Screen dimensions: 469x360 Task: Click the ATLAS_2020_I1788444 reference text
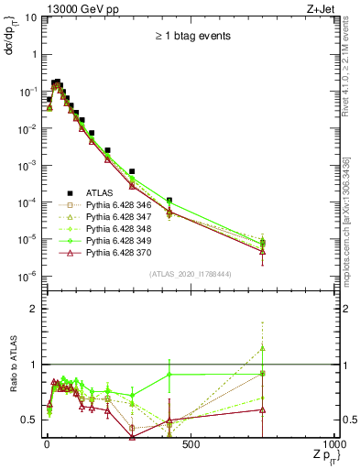[x=191, y=274]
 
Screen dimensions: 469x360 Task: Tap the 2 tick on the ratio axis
[x=31, y=309]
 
